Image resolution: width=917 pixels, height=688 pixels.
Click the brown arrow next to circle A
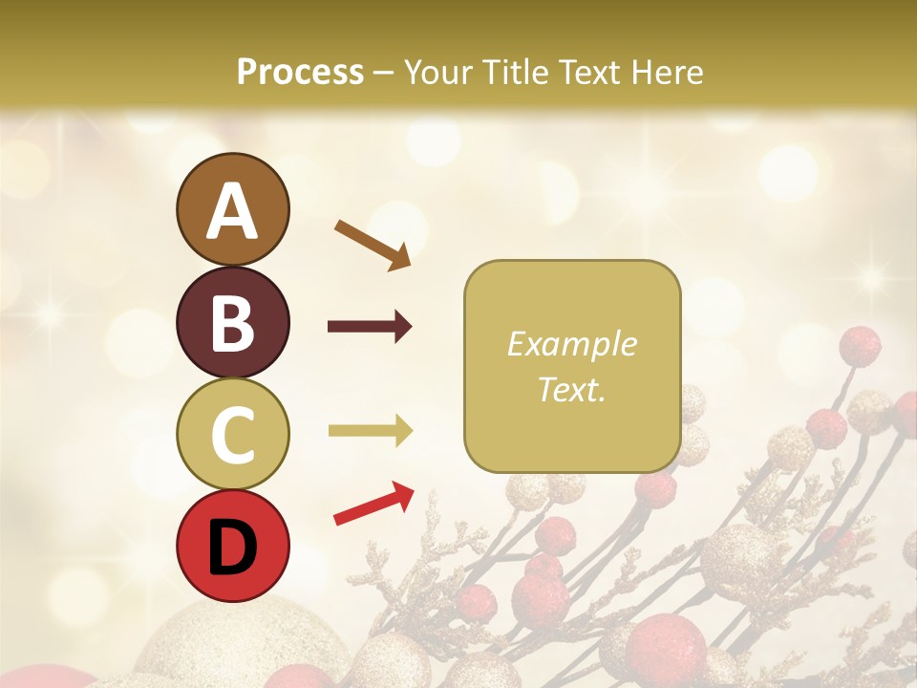coord(373,245)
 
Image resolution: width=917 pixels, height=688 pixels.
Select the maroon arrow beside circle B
coord(370,328)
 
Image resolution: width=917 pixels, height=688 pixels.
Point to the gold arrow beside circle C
coord(370,431)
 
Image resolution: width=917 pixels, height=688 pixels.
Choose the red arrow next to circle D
coord(373,504)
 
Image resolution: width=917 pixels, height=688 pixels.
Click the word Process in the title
coord(300,72)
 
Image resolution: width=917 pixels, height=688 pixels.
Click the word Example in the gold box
coord(571,344)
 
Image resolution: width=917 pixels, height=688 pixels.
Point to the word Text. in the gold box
coord(571,389)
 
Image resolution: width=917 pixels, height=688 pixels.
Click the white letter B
coord(232,323)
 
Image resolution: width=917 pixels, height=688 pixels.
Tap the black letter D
coord(232,547)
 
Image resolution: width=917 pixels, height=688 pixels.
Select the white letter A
coord(232,210)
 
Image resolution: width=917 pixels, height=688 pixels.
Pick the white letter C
coord(232,435)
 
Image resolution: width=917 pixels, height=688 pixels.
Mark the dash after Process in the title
coord(383,73)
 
